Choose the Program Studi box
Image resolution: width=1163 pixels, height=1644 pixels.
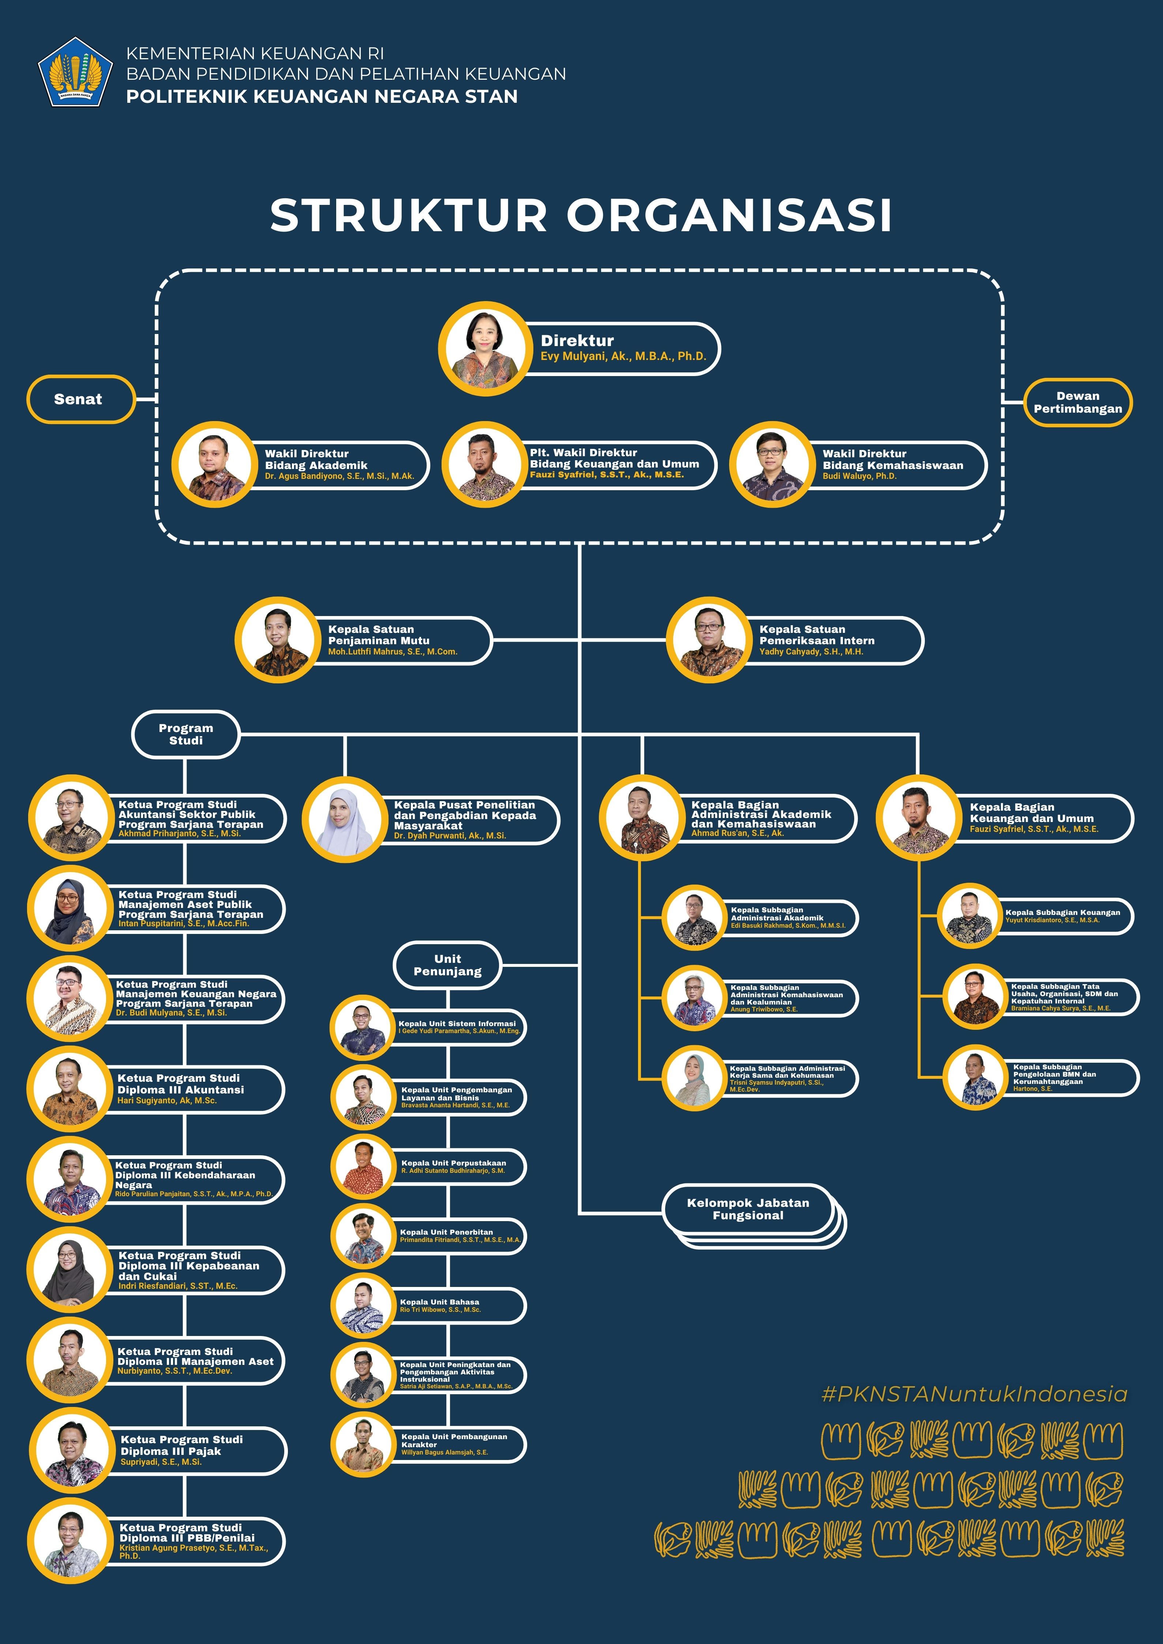(x=185, y=734)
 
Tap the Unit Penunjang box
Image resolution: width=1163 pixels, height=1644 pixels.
(x=447, y=965)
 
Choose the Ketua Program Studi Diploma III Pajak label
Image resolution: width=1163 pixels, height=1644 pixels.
(x=182, y=1445)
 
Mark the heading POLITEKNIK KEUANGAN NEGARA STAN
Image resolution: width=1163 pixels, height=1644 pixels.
(x=322, y=96)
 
